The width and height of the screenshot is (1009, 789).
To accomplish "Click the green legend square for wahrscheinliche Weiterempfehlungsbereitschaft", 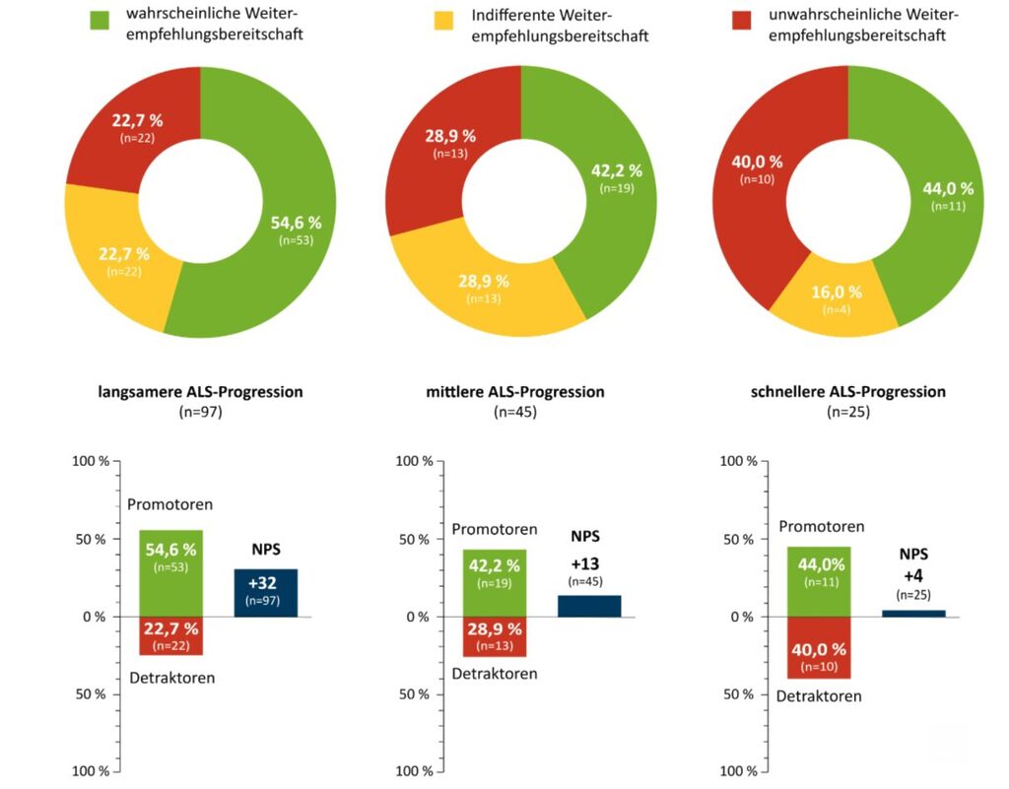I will (x=100, y=20).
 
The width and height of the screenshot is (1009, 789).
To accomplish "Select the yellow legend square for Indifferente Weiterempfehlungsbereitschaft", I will (x=444, y=20).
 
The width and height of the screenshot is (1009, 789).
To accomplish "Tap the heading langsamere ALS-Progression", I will (x=200, y=392).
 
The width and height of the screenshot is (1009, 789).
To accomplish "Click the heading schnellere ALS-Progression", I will (x=847, y=392).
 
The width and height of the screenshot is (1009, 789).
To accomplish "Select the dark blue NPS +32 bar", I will (x=265, y=593).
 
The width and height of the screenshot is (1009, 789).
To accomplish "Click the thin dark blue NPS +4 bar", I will (x=913, y=614).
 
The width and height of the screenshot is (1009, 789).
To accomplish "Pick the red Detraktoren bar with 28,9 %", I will (x=495, y=636).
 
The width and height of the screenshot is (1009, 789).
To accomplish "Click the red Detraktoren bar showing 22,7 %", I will (x=170, y=635).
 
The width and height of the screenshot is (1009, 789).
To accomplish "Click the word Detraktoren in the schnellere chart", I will (x=819, y=696).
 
